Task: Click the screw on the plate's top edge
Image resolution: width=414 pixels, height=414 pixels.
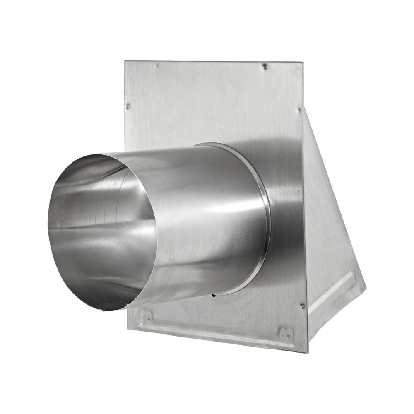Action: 265,66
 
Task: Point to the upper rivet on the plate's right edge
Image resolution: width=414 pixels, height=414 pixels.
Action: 300,110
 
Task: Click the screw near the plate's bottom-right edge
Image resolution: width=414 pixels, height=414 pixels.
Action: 303,306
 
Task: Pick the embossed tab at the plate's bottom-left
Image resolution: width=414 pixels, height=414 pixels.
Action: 145,316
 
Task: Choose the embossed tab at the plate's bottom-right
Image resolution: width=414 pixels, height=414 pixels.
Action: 286,332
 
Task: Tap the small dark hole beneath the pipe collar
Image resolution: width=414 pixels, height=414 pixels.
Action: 212,296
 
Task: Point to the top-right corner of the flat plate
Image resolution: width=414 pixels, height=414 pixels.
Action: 303,63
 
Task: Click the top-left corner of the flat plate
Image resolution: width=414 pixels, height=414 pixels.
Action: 125,61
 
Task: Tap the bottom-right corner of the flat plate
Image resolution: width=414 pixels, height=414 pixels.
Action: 307,352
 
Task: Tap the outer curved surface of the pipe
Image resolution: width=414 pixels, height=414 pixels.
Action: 207,215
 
